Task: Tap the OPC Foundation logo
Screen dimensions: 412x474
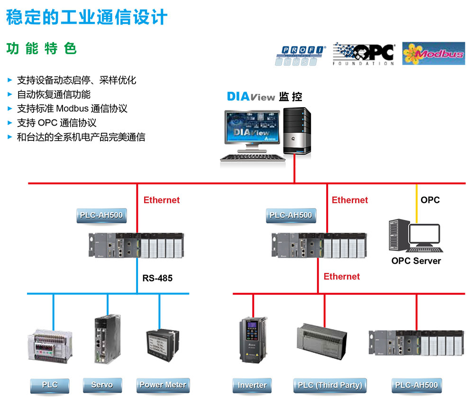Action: [x=364, y=54]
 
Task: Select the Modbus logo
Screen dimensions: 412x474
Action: [x=433, y=54]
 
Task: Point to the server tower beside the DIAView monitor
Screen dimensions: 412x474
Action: [x=297, y=131]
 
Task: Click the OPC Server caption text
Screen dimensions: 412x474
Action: [x=416, y=261]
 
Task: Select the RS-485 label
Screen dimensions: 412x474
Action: [x=157, y=278]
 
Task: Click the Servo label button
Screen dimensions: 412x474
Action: [x=102, y=385]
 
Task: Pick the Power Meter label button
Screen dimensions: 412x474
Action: [x=163, y=385]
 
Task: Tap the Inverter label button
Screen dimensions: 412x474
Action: [x=252, y=385]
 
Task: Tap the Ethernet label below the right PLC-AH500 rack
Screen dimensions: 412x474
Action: [x=341, y=276]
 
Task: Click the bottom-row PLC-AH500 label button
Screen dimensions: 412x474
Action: [x=417, y=385]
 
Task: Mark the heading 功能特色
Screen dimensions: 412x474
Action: [x=42, y=49]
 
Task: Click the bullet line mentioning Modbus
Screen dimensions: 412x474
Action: [x=72, y=109]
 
